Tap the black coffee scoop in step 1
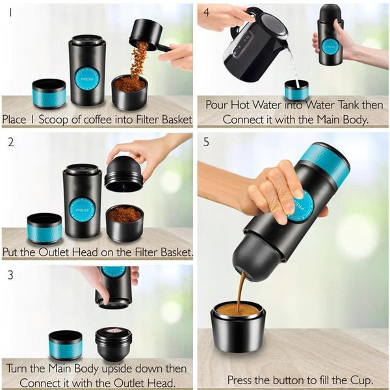tap(146, 34)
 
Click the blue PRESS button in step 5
tap(302, 206)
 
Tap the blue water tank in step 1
tap(49, 94)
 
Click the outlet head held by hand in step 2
tap(123, 174)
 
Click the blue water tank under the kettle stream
tap(296, 90)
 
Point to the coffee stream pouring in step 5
tap(241, 289)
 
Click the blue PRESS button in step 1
tap(87, 78)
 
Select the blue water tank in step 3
tap(66, 345)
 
